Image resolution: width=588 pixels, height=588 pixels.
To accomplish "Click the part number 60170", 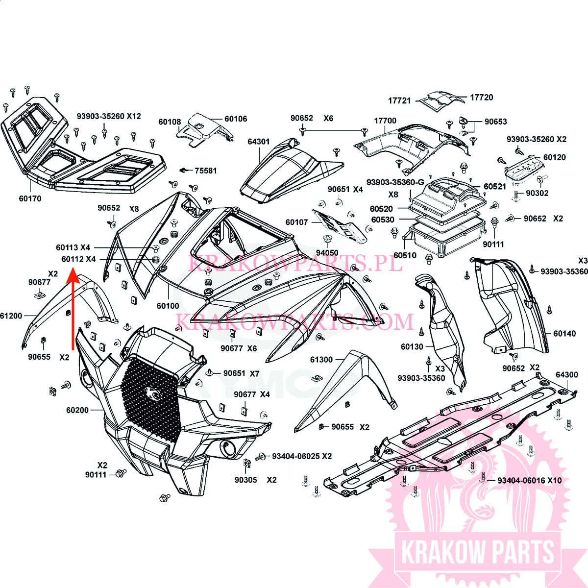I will (x=30, y=198).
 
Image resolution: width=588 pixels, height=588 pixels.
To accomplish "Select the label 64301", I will (x=258, y=142).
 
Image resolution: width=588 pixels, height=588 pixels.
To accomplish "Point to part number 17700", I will (x=385, y=121).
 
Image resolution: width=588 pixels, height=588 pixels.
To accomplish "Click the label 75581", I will (x=206, y=171).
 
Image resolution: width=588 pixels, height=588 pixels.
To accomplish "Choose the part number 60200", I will (x=77, y=410).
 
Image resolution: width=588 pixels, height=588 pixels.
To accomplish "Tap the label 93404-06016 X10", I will (x=530, y=480).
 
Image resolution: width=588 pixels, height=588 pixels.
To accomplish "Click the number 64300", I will (x=566, y=374).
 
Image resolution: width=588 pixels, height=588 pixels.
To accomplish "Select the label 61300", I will (x=321, y=360).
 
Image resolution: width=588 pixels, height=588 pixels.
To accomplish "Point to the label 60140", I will (x=564, y=334).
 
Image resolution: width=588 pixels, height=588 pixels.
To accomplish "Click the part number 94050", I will (x=327, y=253).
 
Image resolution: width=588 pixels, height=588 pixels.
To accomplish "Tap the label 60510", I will (x=405, y=255).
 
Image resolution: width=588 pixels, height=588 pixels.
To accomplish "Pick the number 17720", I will (x=482, y=98).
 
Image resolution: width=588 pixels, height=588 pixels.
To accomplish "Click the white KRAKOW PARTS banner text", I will (x=477, y=553).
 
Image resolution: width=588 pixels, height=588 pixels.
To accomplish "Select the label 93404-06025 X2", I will (x=301, y=456).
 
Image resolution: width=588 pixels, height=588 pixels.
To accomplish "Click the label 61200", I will (x=11, y=316).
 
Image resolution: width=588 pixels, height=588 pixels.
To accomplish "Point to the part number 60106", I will (x=236, y=119).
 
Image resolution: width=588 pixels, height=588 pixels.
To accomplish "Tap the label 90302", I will (x=537, y=193).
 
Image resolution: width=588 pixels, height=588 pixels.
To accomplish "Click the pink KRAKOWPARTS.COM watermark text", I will (x=294, y=321).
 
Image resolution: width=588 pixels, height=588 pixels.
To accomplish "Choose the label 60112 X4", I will (x=79, y=259).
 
